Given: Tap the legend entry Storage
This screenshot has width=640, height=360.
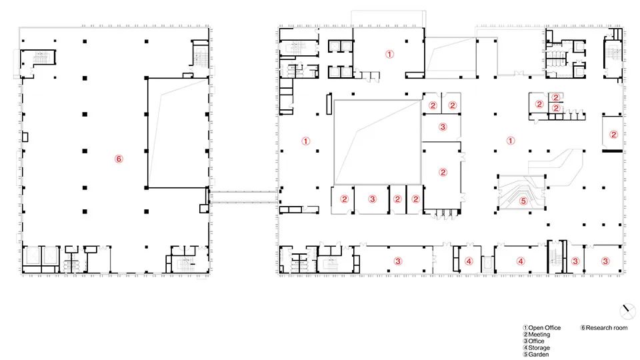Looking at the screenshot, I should point(539,348).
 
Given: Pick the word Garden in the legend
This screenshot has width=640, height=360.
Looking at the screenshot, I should point(538,355).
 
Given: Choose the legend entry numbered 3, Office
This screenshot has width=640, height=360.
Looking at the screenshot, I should point(537,341).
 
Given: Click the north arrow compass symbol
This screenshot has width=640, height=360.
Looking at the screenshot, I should point(627,311).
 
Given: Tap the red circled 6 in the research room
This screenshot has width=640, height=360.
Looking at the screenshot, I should point(119,159).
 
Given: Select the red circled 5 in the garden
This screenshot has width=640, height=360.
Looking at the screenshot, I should point(523,200).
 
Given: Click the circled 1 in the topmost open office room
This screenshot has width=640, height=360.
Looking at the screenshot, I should point(391,54).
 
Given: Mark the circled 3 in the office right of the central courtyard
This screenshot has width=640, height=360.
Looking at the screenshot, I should point(442,126).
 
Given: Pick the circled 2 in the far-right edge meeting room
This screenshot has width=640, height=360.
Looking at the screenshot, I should point(614,134).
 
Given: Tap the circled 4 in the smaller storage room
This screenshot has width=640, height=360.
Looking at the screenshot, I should point(469,261).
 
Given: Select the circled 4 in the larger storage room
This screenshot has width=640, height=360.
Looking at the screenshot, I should point(521,261).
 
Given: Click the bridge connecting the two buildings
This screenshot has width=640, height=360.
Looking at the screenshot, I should point(243,195).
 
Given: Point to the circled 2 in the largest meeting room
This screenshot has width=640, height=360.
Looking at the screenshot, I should point(442,172).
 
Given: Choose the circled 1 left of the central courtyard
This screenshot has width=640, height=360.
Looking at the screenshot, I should point(305,141).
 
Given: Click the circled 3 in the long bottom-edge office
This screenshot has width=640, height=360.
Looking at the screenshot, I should point(398,261).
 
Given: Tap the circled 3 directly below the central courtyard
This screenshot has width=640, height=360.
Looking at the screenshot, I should point(373,199).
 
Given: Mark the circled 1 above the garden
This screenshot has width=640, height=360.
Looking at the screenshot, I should point(511,141).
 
